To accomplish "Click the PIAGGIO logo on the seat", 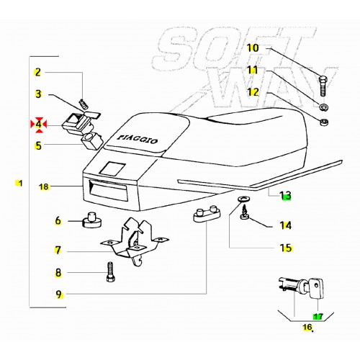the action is tap(138, 139).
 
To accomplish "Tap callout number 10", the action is tap(253, 48).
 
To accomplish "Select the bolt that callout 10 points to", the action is tap(323, 86).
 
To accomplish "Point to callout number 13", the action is tap(285, 195).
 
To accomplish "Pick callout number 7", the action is tap(58, 251).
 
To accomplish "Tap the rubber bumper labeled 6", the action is tap(92, 220).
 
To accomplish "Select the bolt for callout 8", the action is tap(110, 271).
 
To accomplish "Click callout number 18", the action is tap(44, 186).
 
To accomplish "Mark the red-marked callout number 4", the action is tap(38, 125).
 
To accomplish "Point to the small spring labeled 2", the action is tap(83, 104).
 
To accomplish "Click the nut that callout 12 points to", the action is tap(324, 122).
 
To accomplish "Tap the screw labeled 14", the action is tap(245, 212).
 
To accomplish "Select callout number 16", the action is tap(307, 327).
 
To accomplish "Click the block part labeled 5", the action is tap(92, 141).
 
